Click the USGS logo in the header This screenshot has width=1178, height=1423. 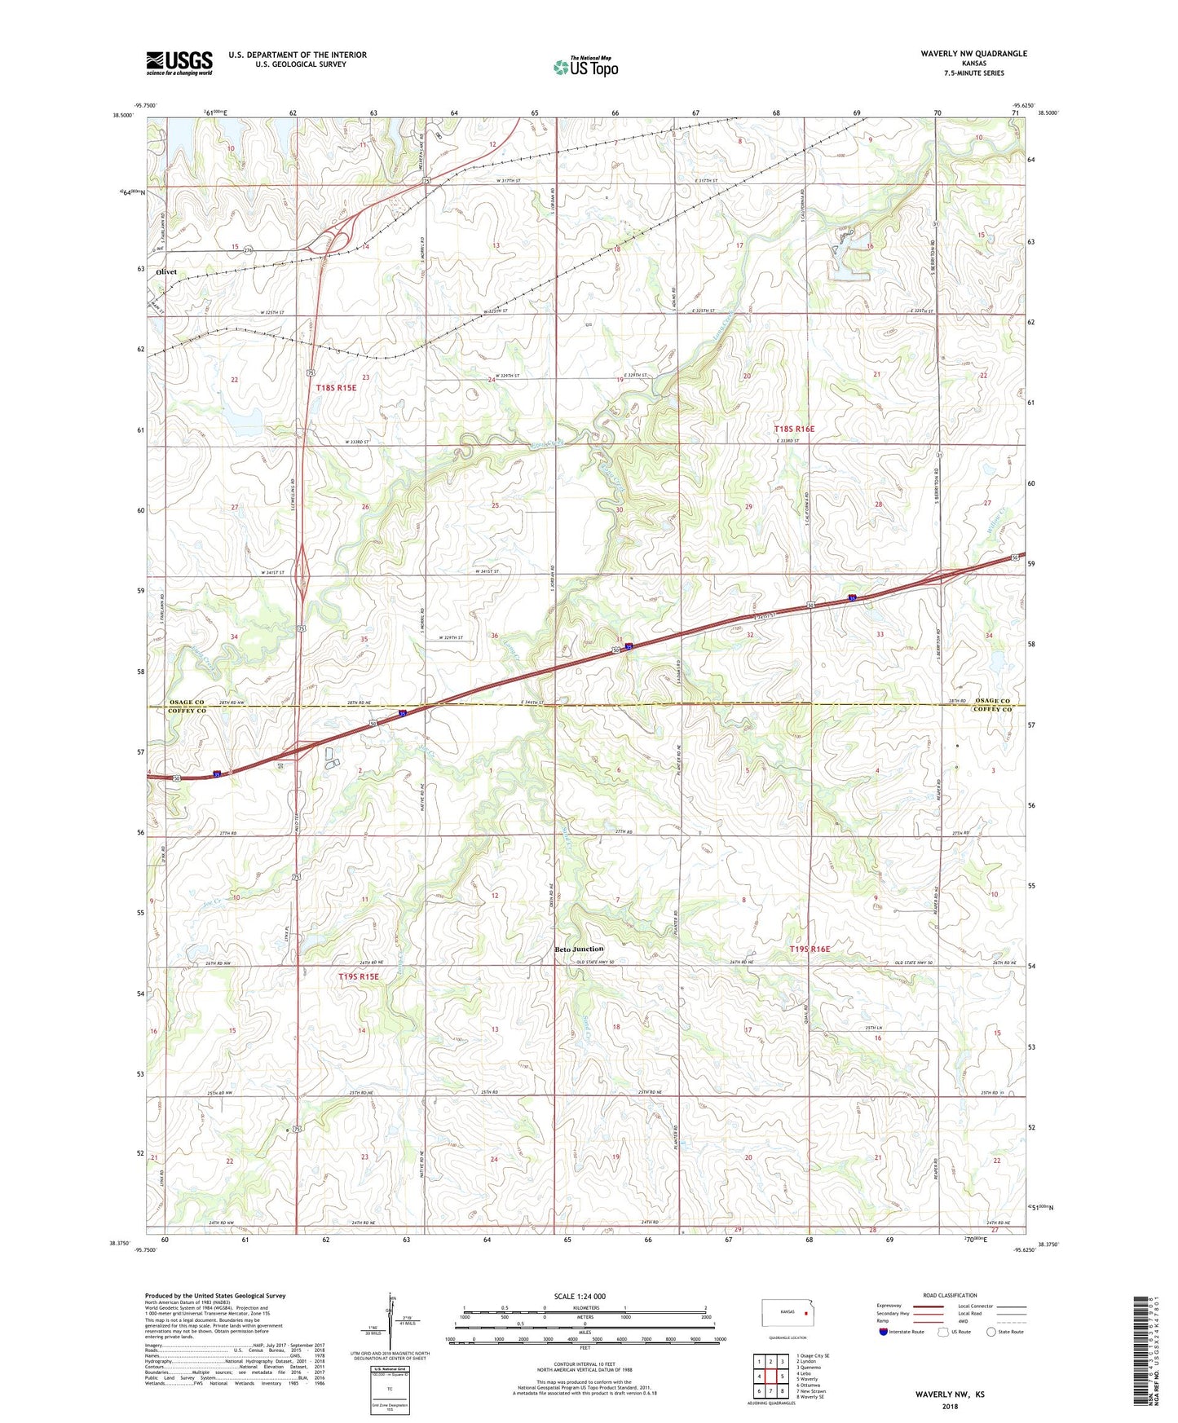tap(179, 63)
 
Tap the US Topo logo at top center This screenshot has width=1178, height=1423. tap(585, 67)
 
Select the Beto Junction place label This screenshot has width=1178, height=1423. tap(579, 949)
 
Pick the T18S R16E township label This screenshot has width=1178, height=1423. tap(793, 429)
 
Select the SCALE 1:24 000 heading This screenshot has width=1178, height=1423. tap(580, 1296)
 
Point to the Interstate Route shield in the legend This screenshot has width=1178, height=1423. tap(884, 1332)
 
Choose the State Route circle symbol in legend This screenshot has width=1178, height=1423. tap(990, 1332)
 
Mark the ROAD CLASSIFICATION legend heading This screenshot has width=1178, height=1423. tap(950, 1295)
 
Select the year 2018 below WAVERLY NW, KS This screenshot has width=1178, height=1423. tap(949, 1406)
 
